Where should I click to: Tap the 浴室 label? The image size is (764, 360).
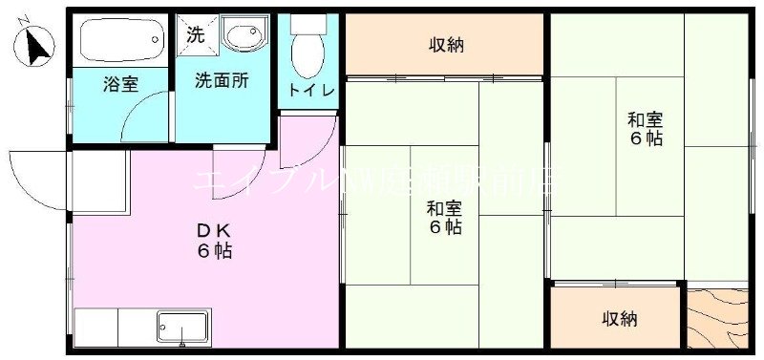pos(120,84)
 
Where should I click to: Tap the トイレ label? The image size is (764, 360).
pos(311,91)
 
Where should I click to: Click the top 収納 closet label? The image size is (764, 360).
pos(445,44)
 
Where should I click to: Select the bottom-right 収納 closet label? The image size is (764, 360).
pos(619,319)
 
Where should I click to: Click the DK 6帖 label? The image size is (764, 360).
pos(214,241)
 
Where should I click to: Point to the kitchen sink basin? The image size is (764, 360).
pos(182,327)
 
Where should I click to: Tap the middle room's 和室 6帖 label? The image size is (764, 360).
pos(444,218)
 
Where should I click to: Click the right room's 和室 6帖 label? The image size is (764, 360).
pos(645,128)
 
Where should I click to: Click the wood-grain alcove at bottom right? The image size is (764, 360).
pos(718,319)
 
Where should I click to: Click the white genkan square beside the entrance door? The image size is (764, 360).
pos(98,181)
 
